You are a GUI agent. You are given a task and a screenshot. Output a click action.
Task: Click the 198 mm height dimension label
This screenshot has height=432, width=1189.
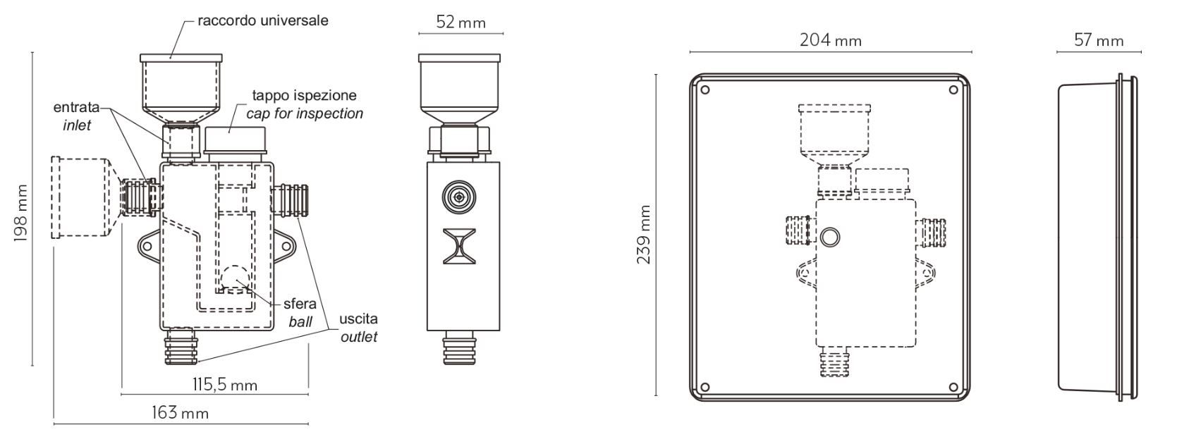pos(20,214)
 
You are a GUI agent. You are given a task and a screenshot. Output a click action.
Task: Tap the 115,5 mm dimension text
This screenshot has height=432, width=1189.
pos(224,385)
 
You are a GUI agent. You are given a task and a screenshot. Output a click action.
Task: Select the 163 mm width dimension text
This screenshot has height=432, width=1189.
pos(180,412)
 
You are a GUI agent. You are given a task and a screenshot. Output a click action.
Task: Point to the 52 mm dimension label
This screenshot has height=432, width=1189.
pos(461,23)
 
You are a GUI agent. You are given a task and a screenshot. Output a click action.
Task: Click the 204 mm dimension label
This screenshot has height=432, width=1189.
pos(831,40)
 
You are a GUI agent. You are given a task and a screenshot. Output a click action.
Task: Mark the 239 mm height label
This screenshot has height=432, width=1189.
pos(643,235)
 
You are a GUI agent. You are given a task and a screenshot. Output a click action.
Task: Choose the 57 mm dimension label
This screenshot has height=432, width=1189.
pos(1099,40)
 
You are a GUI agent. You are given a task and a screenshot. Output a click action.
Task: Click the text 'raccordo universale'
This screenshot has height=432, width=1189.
pos(263,20)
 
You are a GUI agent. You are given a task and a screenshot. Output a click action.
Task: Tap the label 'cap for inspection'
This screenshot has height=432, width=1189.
pos(305,113)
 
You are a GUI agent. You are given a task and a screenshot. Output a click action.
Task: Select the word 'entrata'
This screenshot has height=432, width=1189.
pos(76,107)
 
